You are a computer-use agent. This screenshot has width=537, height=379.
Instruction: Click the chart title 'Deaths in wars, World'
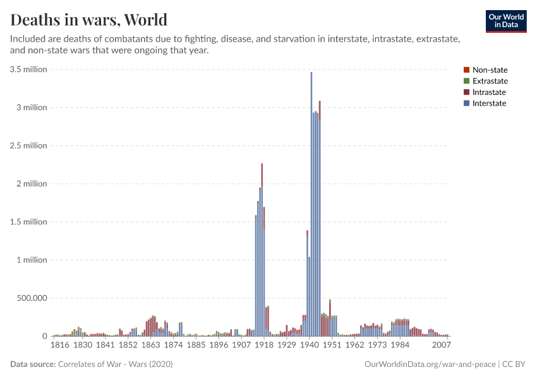[x=89, y=19]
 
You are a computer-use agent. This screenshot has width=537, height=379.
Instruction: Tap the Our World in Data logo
[x=505, y=21]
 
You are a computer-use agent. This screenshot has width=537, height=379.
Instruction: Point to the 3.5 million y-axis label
[x=28, y=69]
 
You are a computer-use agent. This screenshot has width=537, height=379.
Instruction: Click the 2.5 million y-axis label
[x=28, y=146]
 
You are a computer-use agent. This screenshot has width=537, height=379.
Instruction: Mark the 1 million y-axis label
[x=32, y=260]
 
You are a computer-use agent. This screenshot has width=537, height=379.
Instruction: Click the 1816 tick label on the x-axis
[x=60, y=346]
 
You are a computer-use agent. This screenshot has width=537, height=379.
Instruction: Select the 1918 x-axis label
[x=264, y=346]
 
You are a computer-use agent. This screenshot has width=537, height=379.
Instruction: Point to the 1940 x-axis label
[x=309, y=346]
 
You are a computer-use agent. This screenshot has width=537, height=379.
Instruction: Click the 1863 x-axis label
[x=150, y=346]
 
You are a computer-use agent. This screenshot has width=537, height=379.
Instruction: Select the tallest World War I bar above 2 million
[x=262, y=253]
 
